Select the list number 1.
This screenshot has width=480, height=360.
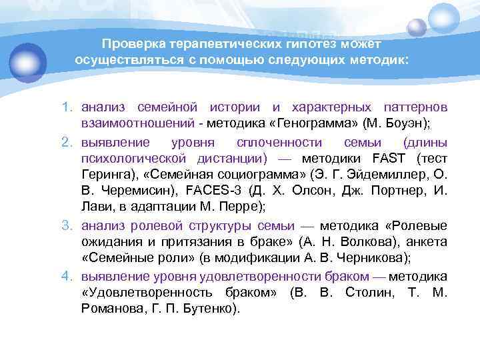(x=67, y=107)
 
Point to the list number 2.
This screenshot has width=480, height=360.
(x=67, y=142)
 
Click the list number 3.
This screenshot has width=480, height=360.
(x=67, y=224)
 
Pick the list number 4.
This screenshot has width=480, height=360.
(x=67, y=276)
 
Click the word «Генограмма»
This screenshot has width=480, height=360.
(x=325, y=124)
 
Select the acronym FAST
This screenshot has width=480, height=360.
(x=385, y=159)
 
